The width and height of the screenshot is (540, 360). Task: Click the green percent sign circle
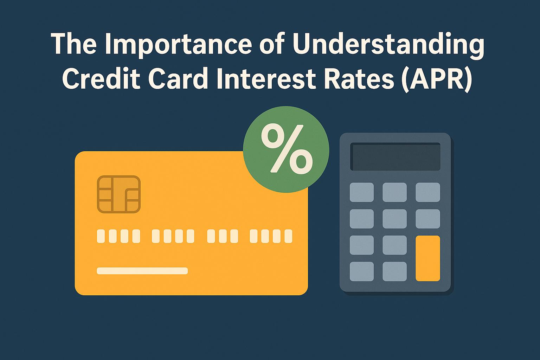coord(286,149)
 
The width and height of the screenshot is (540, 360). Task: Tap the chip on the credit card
coord(119,194)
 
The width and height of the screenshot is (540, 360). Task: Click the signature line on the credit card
coord(142,271)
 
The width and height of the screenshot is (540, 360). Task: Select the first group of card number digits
coord(118,236)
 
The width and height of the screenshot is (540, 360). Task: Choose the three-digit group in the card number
coord(223,236)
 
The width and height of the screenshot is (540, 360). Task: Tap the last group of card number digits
coord(271,236)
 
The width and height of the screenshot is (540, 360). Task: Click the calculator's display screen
coord(395,157)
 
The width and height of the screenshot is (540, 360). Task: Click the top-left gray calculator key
coord(362,192)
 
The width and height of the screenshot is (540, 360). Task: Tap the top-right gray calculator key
coord(428,192)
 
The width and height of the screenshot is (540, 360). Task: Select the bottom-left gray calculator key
coord(362,271)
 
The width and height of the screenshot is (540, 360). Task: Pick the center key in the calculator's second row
coord(394,219)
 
